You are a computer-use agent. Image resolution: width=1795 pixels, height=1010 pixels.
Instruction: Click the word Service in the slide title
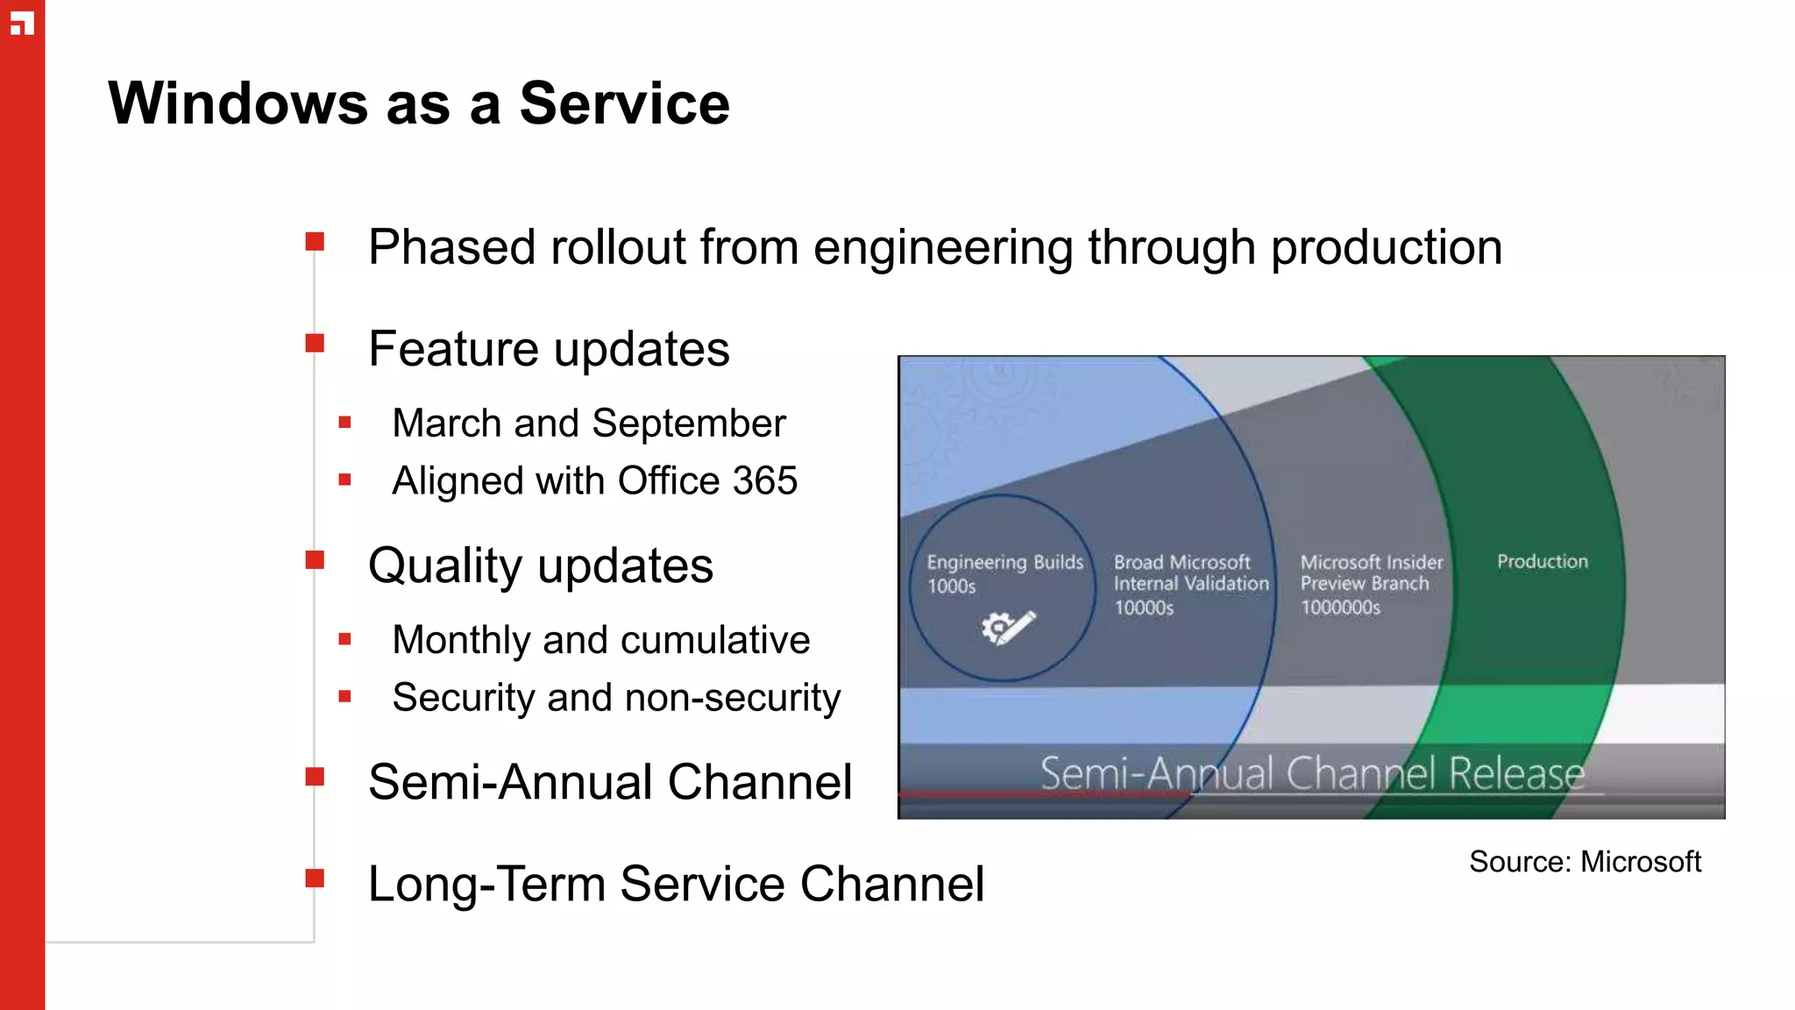pyautogui.click(x=624, y=103)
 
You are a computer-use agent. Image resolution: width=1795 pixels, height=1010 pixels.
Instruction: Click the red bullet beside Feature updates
pyautogui.click(x=315, y=343)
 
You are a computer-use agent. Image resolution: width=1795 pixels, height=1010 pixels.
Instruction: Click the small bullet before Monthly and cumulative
pyautogui.click(x=344, y=640)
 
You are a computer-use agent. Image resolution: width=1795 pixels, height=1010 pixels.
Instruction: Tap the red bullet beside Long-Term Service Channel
pyautogui.click(x=315, y=878)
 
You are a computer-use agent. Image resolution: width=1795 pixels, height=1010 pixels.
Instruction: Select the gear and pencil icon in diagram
pyautogui.click(x=1008, y=627)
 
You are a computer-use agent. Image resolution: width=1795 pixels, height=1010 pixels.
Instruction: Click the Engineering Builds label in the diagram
pyautogui.click(x=1004, y=562)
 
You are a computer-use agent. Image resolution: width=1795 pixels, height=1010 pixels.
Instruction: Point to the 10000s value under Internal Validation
pyautogui.click(x=1143, y=608)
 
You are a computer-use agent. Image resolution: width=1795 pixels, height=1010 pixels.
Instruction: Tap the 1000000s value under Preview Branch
pyautogui.click(x=1340, y=608)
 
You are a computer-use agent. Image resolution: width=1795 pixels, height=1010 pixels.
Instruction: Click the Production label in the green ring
pyautogui.click(x=1542, y=561)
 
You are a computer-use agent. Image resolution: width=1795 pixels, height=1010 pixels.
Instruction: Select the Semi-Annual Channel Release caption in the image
pyautogui.click(x=1312, y=773)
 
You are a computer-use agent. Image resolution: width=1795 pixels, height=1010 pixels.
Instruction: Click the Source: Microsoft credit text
pyautogui.click(x=1585, y=862)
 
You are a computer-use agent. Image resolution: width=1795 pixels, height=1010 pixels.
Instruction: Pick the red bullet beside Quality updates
pyautogui.click(x=315, y=559)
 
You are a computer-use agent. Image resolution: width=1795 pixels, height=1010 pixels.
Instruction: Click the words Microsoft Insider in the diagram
pyautogui.click(x=1371, y=562)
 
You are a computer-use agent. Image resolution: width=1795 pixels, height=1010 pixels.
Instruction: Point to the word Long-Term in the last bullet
pyautogui.click(x=486, y=884)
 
